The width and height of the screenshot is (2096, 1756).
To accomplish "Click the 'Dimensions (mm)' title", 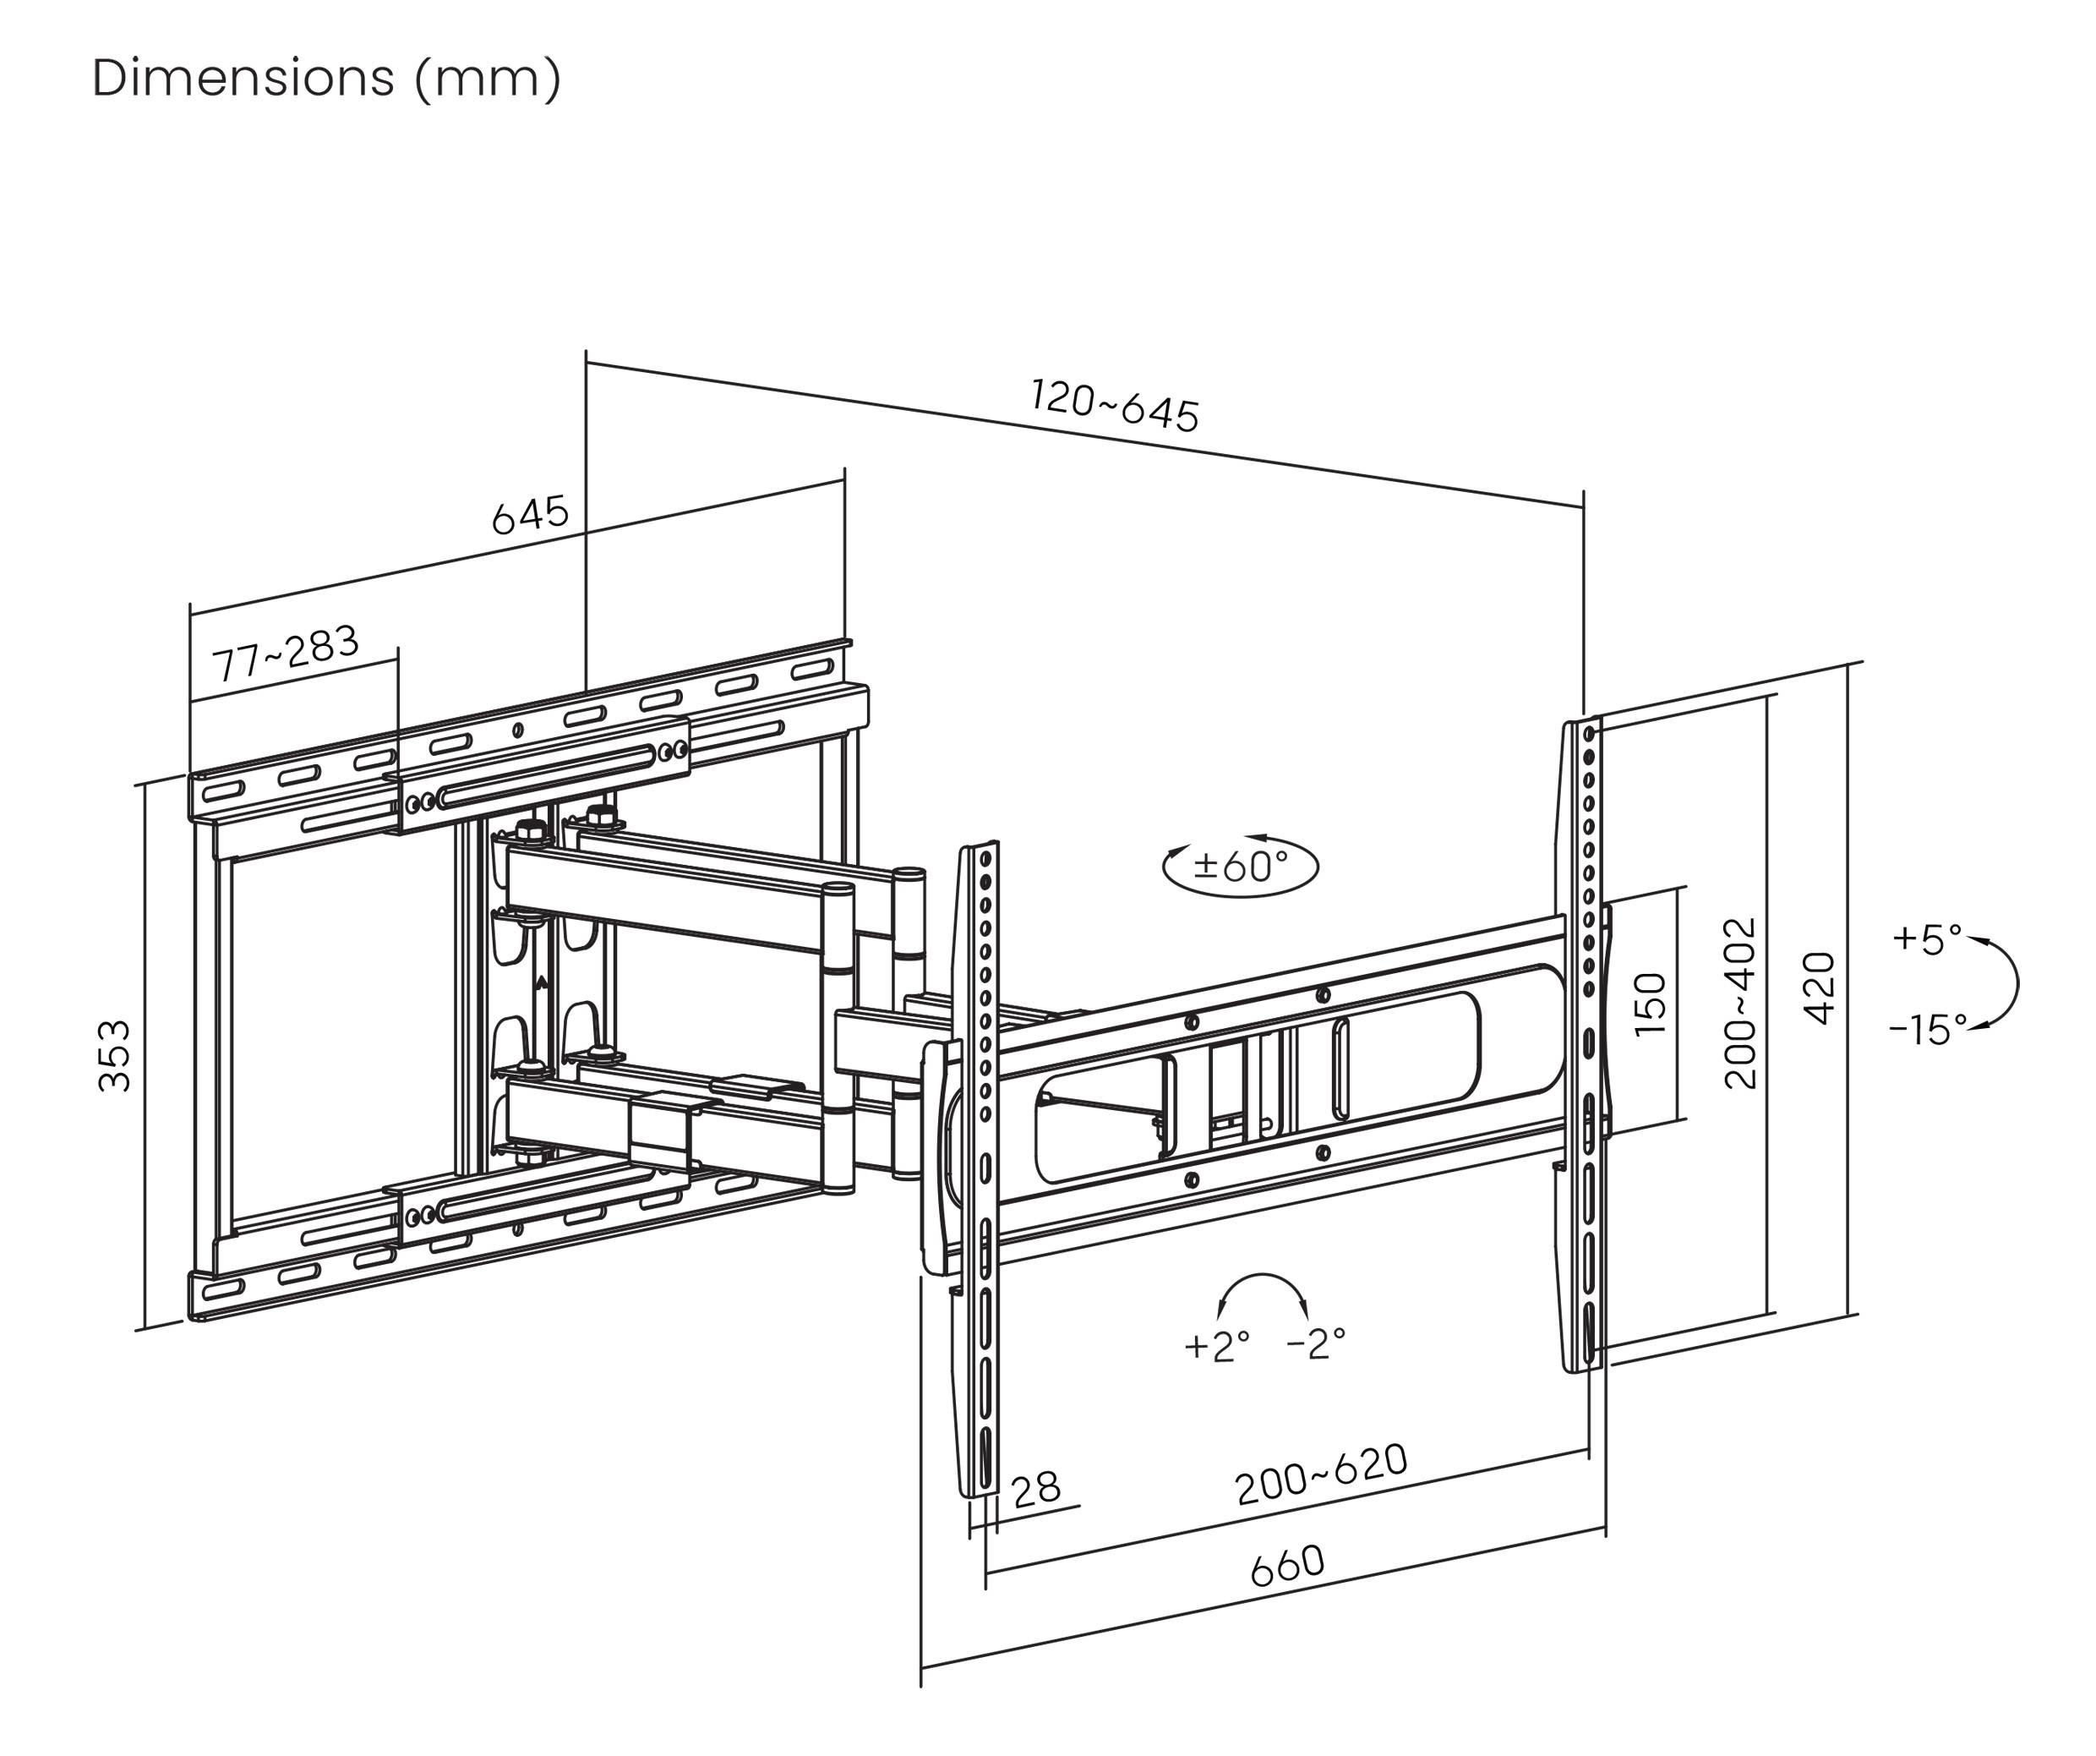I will tap(326, 78).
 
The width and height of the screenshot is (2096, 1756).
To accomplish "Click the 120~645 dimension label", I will tap(1114, 405).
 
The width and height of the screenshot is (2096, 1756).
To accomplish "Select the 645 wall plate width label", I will tap(530, 515).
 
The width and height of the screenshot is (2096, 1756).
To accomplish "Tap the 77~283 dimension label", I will tap(286, 653).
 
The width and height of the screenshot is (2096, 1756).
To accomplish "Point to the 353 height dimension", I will tap(115, 1055).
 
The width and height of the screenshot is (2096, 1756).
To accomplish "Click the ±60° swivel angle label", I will tap(1241, 866).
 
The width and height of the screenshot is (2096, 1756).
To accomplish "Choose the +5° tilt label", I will tap(1926, 939).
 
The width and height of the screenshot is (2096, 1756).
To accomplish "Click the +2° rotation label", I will tap(1215, 1346).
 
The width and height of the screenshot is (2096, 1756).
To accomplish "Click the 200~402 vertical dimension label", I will tap(1739, 1004).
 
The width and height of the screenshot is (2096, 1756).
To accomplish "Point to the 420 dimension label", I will tap(1820, 988).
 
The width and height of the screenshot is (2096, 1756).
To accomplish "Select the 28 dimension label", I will tap(1035, 1491).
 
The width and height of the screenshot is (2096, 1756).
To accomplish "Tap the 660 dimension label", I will tap(1287, 1565).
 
